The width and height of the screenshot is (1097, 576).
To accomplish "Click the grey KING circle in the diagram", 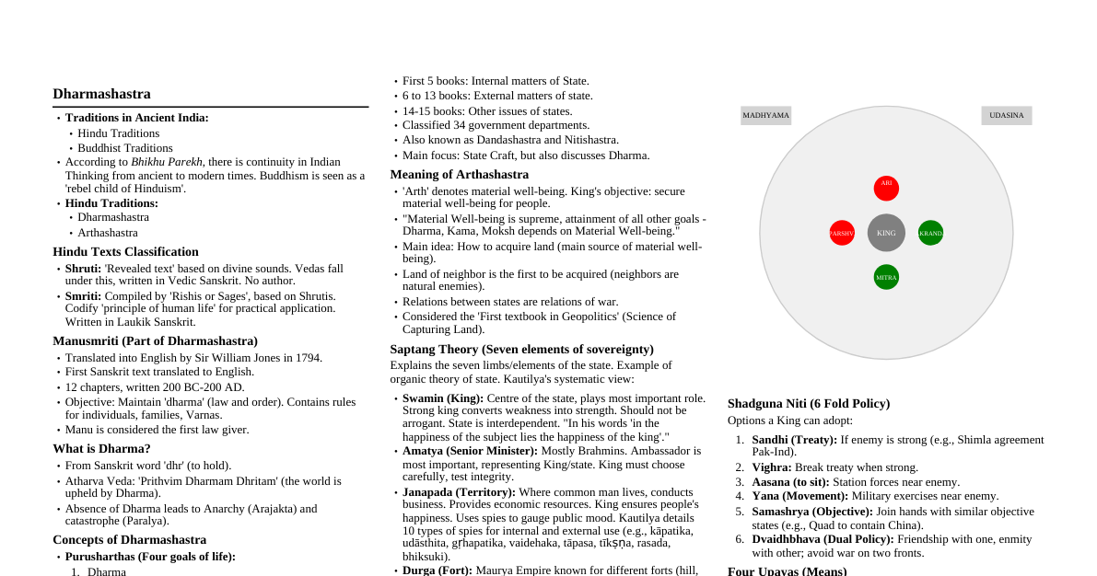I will (886, 233).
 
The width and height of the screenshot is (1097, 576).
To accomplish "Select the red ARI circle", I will (886, 188).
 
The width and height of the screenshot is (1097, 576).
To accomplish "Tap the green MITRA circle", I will (886, 277).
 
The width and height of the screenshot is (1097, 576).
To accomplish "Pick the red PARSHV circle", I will (842, 233).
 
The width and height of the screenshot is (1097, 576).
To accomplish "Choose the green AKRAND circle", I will (930, 233).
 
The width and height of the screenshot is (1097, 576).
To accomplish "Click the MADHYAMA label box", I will (766, 116).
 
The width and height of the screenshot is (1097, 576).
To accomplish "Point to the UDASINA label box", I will (1007, 116).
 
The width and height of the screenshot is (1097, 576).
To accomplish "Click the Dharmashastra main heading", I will (101, 94).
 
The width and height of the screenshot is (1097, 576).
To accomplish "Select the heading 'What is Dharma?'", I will (101, 449).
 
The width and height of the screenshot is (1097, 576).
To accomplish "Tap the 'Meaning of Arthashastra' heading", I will (459, 175).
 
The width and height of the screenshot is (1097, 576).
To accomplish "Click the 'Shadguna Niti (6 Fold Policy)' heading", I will (808, 404).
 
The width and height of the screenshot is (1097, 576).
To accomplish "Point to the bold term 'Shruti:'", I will (83, 269).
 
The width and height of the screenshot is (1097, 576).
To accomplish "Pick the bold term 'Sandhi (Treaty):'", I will (794, 440).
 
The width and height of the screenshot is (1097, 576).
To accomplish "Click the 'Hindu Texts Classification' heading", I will (125, 252).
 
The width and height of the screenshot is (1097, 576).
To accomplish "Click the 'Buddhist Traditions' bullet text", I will (125, 148).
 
